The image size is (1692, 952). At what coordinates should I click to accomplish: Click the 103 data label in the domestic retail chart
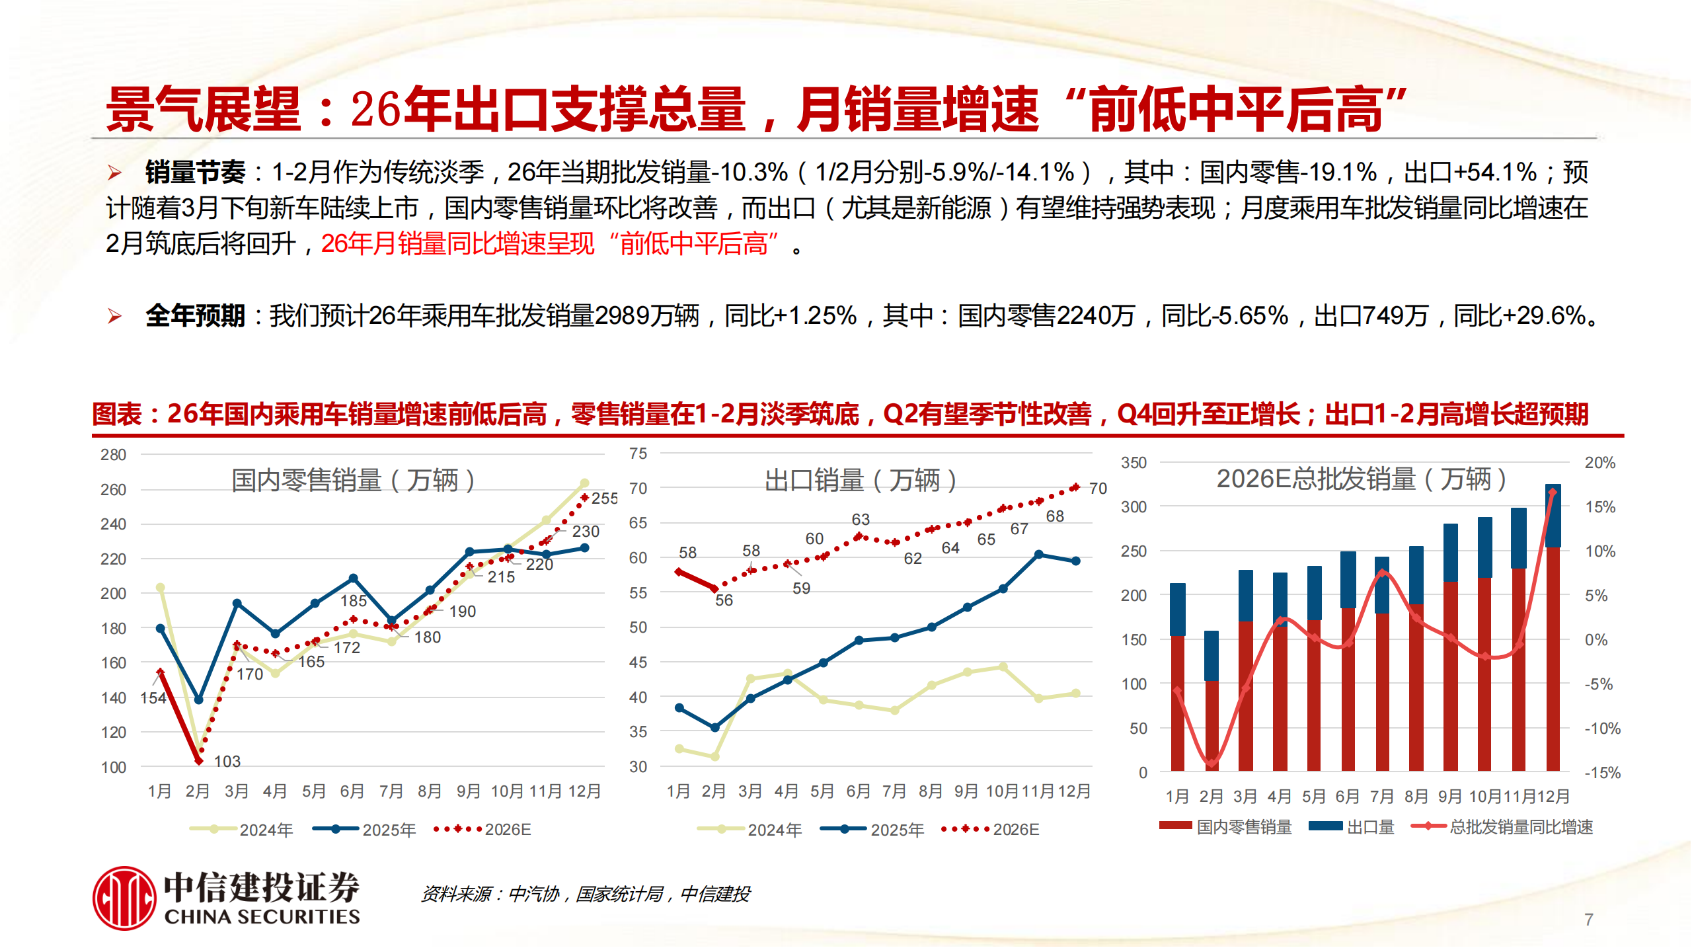[x=227, y=761]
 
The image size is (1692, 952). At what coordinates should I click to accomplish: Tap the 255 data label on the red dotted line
[x=604, y=498]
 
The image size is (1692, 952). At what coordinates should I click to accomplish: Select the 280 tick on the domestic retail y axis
[x=113, y=455]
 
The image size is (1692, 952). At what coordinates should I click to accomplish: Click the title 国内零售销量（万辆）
[x=353, y=480]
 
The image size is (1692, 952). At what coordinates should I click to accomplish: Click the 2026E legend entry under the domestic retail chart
[x=483, y=829]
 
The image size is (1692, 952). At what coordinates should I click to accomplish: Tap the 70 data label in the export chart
[x=1098, y=489]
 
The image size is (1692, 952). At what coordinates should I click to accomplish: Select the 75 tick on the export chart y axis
[x=638, y=454]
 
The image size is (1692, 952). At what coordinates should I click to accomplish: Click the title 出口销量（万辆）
[x=861, y=480]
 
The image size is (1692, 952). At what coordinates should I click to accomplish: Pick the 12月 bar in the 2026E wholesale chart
[x=1553, y=628]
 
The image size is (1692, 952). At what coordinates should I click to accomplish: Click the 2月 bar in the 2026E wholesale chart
[x=1211, y=701]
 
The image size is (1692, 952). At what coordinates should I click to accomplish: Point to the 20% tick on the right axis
[x=1599, y=463]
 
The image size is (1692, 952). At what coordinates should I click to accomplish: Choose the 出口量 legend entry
[x=1352, y=826]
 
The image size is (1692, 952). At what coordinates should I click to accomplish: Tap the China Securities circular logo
[x=124, y=898]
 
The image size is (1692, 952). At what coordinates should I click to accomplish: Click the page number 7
[x=1588, y=919]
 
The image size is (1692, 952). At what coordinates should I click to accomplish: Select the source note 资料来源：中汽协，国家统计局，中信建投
[x=586, y=894]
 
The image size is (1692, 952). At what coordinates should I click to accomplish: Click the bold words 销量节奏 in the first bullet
[x=195, y=173]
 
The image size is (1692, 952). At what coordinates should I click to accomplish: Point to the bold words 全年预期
[x=195, y=316]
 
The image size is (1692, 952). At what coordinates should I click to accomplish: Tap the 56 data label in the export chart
[x=724, y=600]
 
